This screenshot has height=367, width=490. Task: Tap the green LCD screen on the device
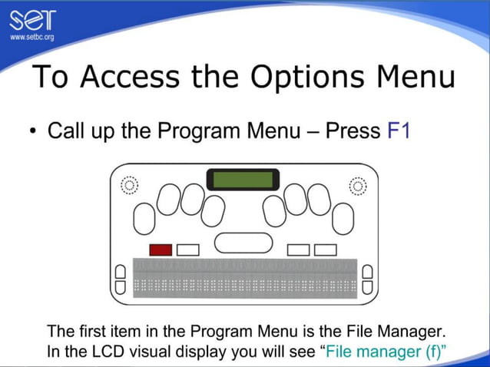(x=243, y=180)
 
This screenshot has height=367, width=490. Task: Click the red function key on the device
(x=160, y=250)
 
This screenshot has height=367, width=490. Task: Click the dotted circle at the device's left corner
(x=129, y=185)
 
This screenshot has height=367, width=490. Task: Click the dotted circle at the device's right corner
(x=357, y=185)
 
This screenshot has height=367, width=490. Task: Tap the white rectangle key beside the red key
(x=187, y=250)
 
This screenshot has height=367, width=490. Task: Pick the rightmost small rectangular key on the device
(x=326, y=250)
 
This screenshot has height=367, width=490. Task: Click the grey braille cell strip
(x=245, y=277)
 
